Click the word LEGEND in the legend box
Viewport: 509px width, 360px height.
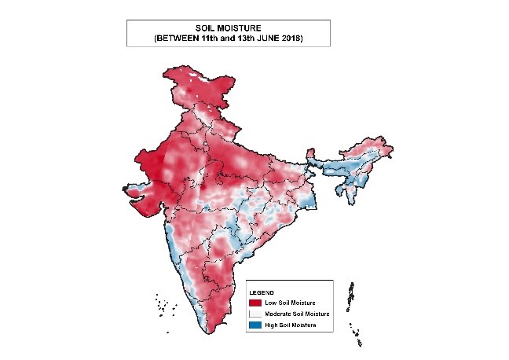coord(261,292)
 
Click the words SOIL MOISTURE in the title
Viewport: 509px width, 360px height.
coord(228,28)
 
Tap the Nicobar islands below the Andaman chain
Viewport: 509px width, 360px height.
coord(360,338)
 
